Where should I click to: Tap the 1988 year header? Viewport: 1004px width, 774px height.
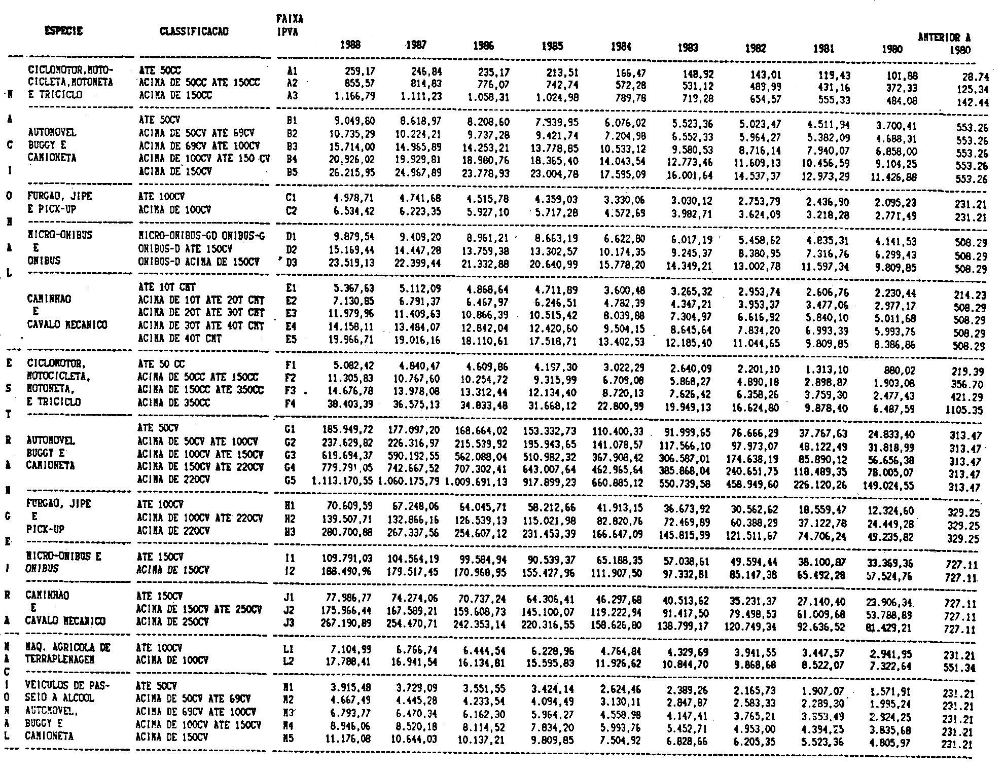(351, 45)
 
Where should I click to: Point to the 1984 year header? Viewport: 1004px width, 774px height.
(621, 47)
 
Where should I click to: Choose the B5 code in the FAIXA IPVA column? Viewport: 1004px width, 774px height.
(291, 172)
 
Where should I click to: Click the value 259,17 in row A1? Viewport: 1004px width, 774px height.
(357, 71)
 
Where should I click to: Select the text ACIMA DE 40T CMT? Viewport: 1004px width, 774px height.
(180, 339)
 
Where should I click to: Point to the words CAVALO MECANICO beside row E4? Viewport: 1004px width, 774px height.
(67, 324)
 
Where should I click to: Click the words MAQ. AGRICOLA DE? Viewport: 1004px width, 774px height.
(69, 647)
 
